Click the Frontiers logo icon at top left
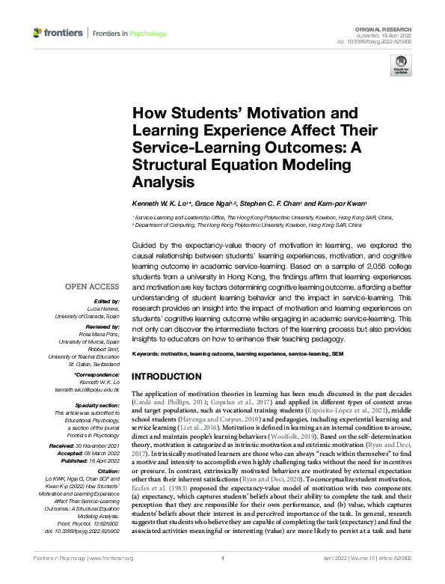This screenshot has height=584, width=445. pyautogui.click(x=37, y=33)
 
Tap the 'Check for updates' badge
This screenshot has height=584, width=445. pyautogui.click(x=401, y=66)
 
